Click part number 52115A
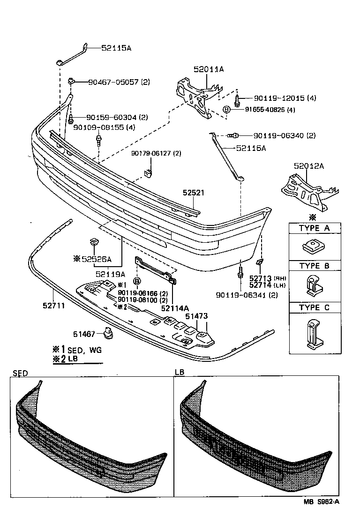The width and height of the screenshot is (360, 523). pyautogui.click(x=116, y=48)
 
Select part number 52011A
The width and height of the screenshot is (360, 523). pyautogui.click(x=209, y=69)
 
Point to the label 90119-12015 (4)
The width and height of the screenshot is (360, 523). pyautogui.click(x=285, y=98)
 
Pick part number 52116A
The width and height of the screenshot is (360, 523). pyautogui.click(x=251, y=148)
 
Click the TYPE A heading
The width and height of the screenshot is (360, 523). pyautogui.click(x=314, y=228)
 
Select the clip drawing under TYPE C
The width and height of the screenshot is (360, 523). pyautogui.click(x=314, y=335)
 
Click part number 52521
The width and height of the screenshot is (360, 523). pyautogui.click(x=194, y=193)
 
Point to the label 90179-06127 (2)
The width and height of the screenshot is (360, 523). pyautogui.click(x=156, y=153)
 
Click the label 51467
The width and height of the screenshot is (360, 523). pyautogui.click(x=84, y=334)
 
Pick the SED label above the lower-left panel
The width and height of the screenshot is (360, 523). pyautogui.click(x=20, y=373)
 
